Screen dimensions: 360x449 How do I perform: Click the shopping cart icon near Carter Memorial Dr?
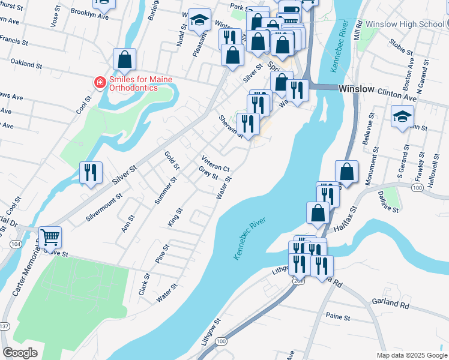pos(50,236)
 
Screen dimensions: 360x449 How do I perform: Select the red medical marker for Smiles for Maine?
pos(100,82)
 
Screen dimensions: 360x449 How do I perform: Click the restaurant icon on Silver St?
pos(90,172)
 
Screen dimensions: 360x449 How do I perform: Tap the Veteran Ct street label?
pos(216,164)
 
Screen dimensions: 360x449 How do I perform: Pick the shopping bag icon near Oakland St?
pos(124,59)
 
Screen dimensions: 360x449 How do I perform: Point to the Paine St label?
pos(338,316)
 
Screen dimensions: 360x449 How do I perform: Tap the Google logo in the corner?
pos(20,353)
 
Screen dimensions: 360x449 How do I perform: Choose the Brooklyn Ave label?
pos(89,14)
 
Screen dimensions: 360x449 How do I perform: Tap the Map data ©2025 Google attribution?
pos(411,355)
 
